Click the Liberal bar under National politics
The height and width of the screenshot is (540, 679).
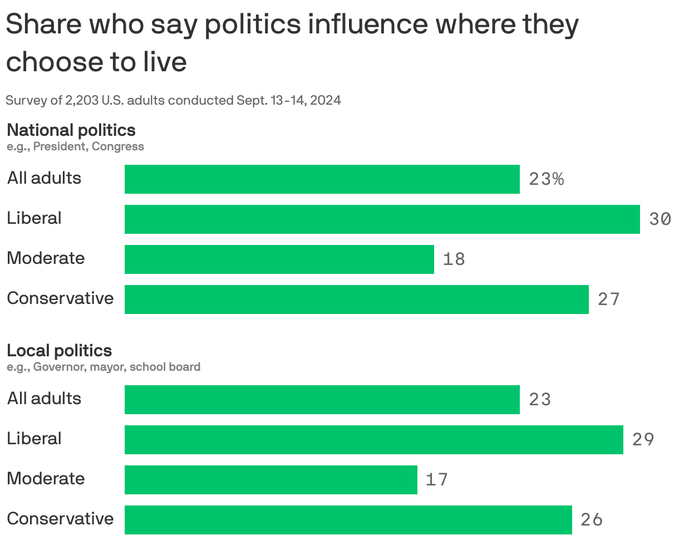[382, 219]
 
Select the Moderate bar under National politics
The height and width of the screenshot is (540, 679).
[279, 259]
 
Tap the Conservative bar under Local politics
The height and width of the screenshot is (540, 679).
[348, 519]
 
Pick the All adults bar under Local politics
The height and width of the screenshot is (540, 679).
[322, 400]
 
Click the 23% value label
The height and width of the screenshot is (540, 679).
[547, 179]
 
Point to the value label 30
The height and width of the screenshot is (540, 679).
[660, 219]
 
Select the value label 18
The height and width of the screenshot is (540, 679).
[454, 259]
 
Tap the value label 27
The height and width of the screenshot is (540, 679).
[608, 300]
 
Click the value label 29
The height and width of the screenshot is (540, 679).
[643, 440]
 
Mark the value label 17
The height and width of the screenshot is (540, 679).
[437, 480]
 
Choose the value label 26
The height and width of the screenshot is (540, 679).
[592, 520]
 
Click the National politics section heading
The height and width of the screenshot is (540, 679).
[71, 130]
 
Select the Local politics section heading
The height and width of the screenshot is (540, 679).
[59, 350]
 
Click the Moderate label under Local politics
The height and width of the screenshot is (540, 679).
[46, 479]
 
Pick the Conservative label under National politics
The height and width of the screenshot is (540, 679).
[60, 298]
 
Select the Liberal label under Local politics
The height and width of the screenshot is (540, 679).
[34, 439]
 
